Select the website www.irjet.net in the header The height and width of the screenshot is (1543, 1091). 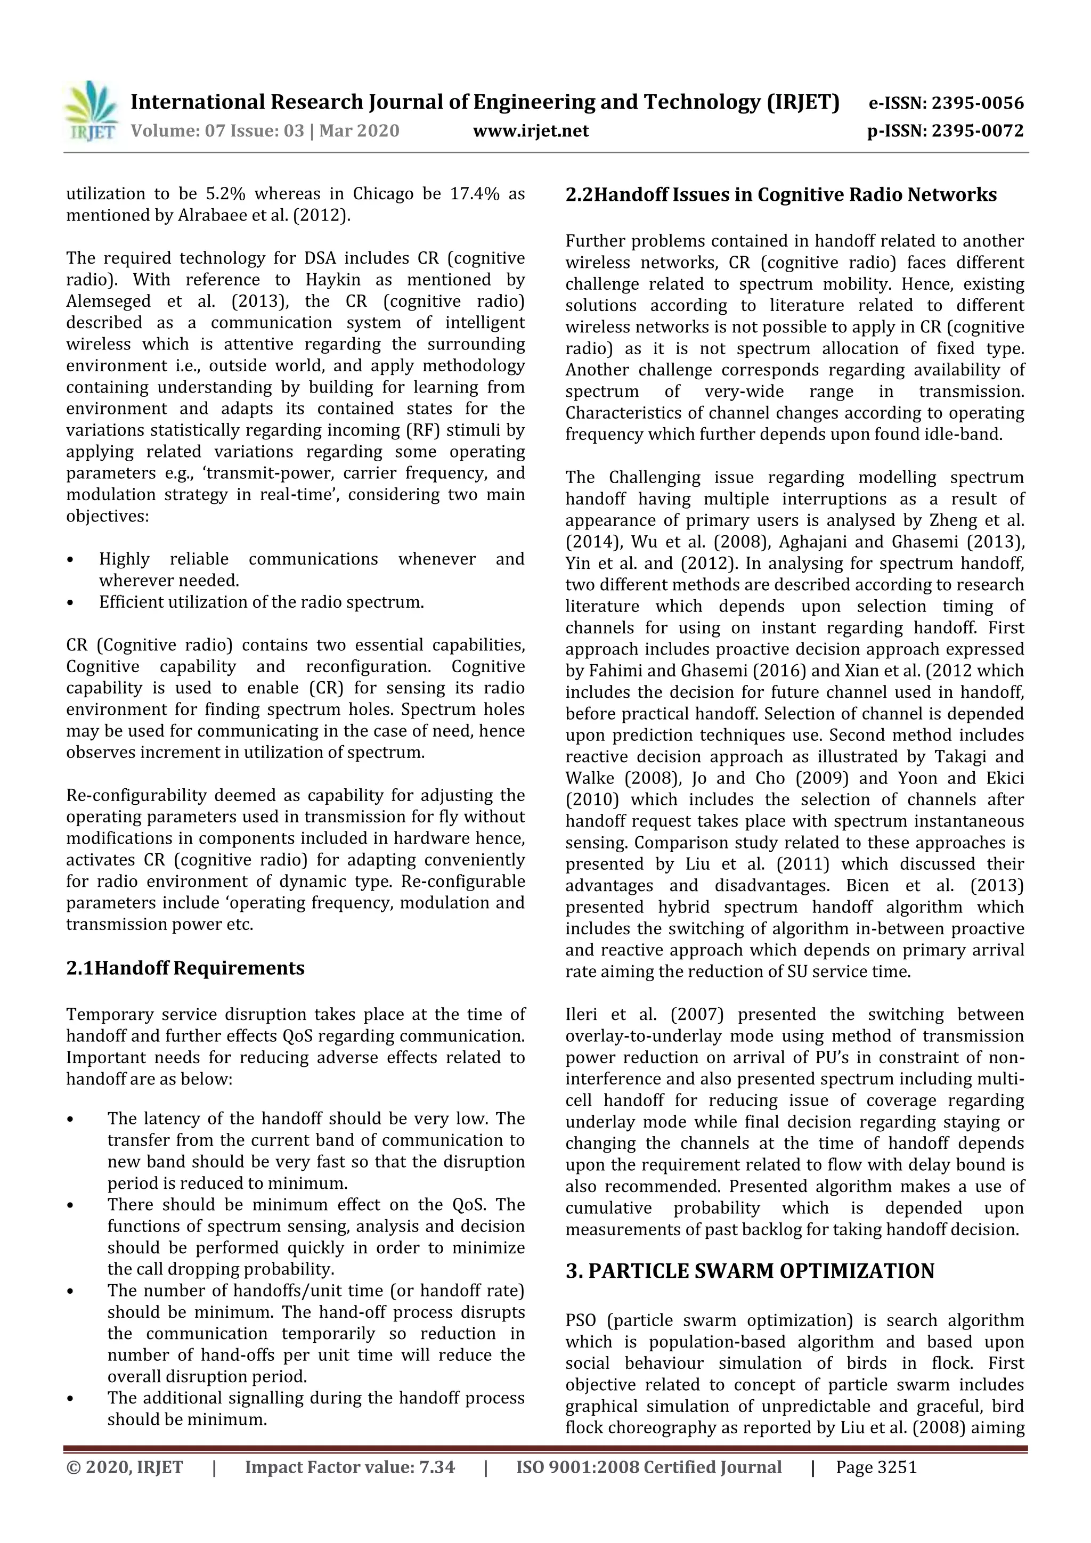(531, 131)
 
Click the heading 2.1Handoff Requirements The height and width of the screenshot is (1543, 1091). (185, 968)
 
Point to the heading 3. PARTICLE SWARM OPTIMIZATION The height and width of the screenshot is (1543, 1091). (750, 1271)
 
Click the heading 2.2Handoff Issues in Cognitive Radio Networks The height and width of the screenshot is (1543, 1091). (780, 195)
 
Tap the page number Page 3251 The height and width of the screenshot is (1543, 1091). (876, 1467)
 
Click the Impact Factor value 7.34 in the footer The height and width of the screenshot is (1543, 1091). (436, 1467)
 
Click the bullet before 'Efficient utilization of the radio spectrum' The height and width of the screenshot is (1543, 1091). (70, 603)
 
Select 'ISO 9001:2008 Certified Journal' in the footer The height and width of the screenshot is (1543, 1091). (649, 1467)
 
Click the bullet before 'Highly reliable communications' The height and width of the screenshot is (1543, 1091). (70, 560)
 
